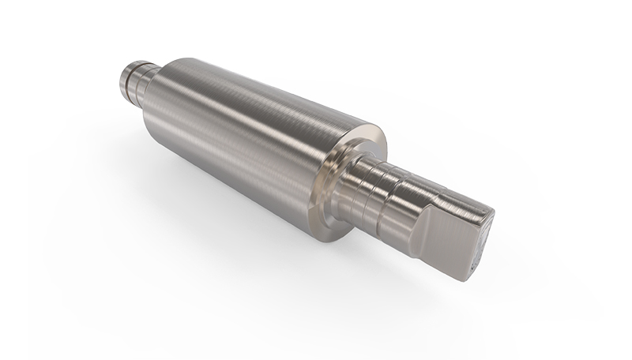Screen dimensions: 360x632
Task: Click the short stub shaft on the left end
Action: (x=137, y=79)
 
